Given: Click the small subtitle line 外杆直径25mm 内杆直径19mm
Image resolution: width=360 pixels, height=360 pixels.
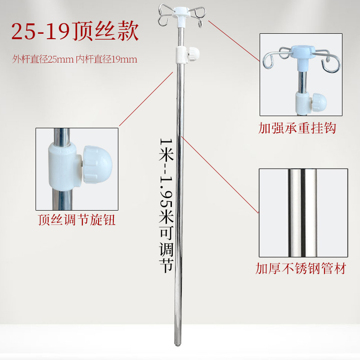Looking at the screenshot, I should click(75, 59).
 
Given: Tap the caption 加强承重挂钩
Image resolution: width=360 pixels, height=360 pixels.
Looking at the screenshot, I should click(297, 128).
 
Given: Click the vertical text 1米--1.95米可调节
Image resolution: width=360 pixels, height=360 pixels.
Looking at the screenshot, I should click(166, 205).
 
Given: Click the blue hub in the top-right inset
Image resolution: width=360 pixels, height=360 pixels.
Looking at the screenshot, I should click(306, 53).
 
